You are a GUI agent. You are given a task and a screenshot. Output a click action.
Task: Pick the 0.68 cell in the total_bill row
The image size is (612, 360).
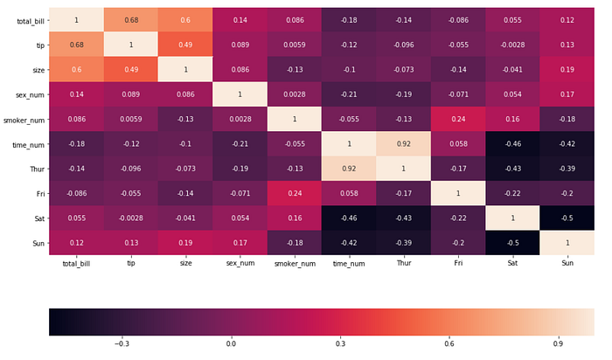click(x=130, y=19)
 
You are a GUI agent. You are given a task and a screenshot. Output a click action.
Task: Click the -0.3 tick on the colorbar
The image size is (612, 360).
click(x=122, y=344)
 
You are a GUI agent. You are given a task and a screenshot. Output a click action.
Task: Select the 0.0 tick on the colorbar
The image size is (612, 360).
click(x=232, y=344)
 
